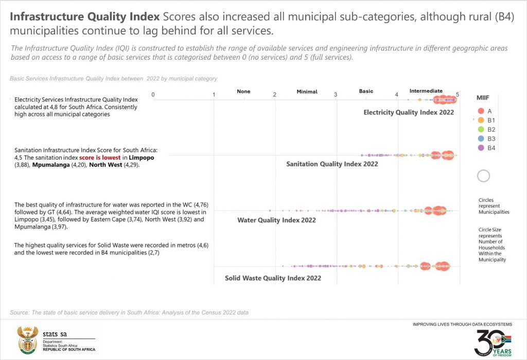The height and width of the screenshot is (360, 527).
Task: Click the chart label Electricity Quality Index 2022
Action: coord(409,112)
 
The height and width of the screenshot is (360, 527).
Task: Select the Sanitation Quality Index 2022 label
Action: coord(332,164)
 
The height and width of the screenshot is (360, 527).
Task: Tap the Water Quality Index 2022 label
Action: coord(276,220)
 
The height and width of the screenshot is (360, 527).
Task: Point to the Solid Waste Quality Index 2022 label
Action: coord(273,278)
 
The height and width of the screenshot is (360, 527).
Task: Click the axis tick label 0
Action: coord(153,95)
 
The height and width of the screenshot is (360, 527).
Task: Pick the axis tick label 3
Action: coord(336,95)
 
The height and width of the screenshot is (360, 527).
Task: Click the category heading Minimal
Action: coord(307,92)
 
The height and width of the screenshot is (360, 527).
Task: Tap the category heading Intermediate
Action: coord(426,91)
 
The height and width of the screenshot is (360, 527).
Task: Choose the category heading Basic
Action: coord(366,91)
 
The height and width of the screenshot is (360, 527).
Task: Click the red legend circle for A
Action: coord(481,111)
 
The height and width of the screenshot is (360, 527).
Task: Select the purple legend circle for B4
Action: coord(481,148)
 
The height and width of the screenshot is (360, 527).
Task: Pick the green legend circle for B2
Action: coord(481,129)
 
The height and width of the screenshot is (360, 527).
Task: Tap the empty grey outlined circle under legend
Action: coord(483,176)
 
